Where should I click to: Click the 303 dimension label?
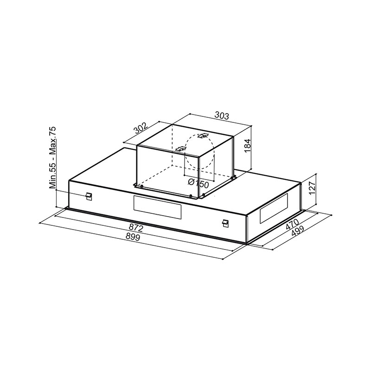(x=222, y=115)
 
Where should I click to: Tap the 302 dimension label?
(x=141, y=128)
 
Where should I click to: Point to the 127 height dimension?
(x=312, y=188)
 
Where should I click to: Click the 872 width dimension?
(x=136, y=228)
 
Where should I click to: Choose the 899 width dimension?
(x=133, y=237)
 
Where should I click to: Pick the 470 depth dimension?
(x=293, y=224)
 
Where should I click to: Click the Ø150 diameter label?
(x=198, y=183)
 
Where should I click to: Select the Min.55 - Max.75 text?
(x=53, y=158)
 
